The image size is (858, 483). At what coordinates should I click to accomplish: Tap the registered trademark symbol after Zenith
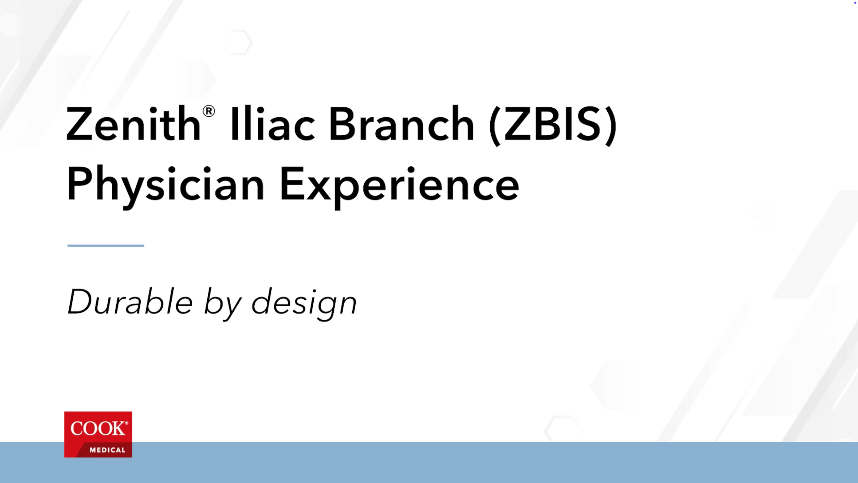tap(208, 111)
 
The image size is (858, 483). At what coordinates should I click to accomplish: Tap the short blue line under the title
tap(106, 246)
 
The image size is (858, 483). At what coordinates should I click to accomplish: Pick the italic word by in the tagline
tap(222, 304)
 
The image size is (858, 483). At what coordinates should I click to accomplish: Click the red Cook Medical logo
tap(98, 434)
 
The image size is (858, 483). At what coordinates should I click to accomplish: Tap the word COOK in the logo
tap(98, 428)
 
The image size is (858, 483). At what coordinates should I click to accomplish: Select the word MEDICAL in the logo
tap(107, 450)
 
